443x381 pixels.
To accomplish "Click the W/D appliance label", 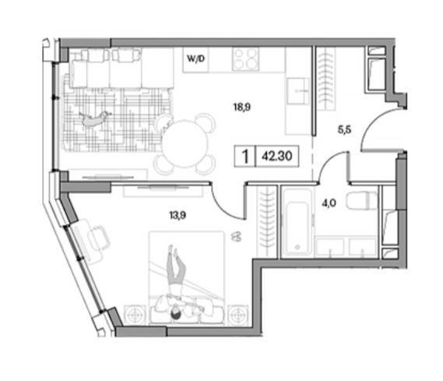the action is tap(195, 58).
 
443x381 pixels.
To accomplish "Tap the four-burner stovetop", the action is tap(245, 59).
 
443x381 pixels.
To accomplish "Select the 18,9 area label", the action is tap(242, 107).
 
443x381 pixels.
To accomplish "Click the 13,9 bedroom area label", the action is tap(178, 216).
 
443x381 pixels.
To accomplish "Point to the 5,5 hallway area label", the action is tap(344, 130).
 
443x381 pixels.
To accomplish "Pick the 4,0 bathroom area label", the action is tap(329, 203).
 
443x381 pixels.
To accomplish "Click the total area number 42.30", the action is tap(277, 156).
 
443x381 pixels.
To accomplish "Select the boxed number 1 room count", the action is tap(245, 157).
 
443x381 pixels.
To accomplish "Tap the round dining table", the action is tap(185, 143).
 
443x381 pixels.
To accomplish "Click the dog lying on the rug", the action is tap(93, 119).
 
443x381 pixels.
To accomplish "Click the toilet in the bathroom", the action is tap(362, 201).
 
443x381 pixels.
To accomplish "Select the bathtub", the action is tap(297, 222).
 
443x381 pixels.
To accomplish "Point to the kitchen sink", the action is tap(297, 91).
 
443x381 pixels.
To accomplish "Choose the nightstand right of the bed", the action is tap(238, 314).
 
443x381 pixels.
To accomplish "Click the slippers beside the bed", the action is tap(237, 237).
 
